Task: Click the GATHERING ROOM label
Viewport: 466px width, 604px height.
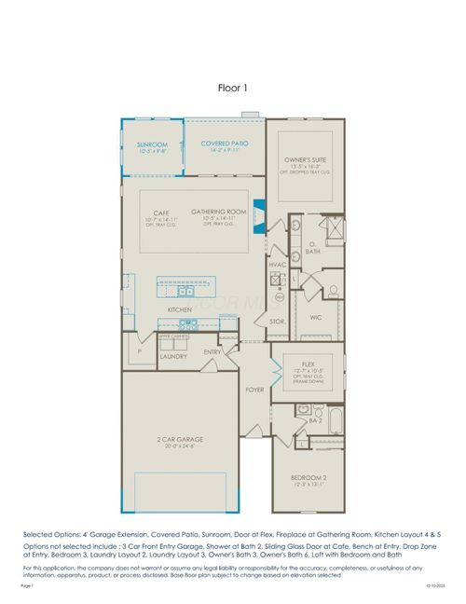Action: point(218,212)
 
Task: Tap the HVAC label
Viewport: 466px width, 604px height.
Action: point(278,266)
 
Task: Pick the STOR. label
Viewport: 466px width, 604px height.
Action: point(277,322)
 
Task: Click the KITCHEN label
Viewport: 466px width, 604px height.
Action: point(180,309)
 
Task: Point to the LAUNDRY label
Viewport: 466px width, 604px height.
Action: point(174,355)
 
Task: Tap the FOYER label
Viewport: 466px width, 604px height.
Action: point(254,389)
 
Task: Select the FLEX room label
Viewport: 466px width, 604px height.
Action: point(308,364)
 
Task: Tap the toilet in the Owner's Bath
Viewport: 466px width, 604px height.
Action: point(333,291)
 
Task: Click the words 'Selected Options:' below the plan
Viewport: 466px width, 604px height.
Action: point(52,533)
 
